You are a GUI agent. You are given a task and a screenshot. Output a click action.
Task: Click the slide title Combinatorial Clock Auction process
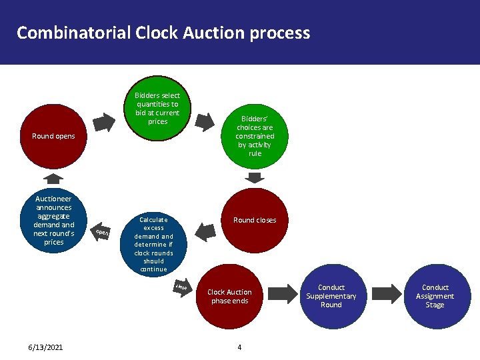[163, 33]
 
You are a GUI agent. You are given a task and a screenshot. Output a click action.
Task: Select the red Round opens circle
[53, 137]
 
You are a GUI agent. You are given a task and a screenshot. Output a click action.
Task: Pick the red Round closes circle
[254, 220]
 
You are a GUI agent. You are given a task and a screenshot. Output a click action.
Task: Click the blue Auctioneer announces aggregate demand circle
[53, 220]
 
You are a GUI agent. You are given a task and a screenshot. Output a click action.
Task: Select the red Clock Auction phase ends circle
[229, 297]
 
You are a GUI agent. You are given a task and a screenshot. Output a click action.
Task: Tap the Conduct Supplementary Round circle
[331, 296]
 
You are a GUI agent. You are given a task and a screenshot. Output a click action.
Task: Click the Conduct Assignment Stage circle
[435, 296]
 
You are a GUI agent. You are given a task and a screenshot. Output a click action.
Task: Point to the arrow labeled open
[101, 232]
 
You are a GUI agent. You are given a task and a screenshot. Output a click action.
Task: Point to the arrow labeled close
[184, 287]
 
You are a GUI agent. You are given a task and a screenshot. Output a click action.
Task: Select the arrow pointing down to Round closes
[255, 177]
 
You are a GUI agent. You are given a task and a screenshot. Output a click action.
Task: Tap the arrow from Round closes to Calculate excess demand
[206, 231]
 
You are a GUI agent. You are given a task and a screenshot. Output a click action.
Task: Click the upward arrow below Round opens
[53, 178]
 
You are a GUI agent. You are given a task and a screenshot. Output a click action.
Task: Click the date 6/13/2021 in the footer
[45, 347]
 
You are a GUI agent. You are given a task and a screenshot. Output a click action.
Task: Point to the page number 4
[239, 347]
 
